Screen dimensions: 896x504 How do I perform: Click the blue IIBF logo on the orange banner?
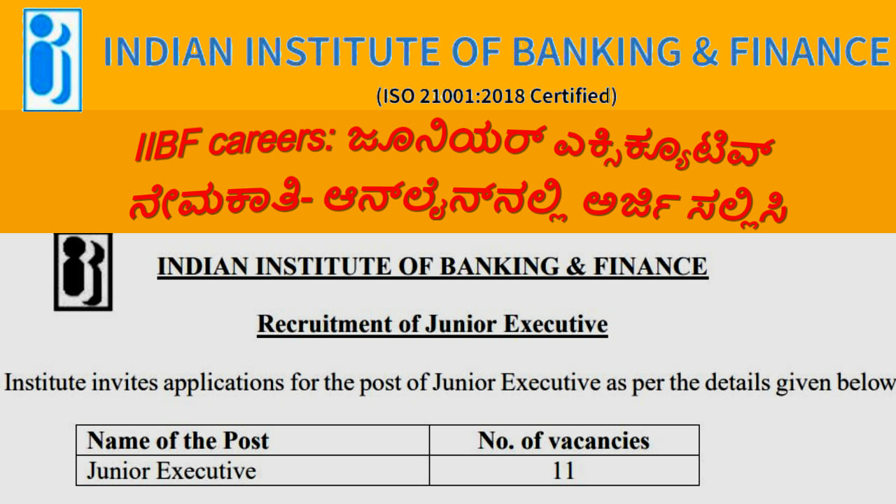coord(52,59)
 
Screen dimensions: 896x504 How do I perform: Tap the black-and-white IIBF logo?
coord(83,272)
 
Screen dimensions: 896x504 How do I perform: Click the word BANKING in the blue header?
coord(597,51)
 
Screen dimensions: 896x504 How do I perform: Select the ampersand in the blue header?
coord(705,51)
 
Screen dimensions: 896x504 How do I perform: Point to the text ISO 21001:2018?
coord(452,97)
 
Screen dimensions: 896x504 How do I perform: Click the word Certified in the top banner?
coord(570,96)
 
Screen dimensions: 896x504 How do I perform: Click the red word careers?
coord(271,142)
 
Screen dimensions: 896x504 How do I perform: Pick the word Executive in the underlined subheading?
coord(556,324)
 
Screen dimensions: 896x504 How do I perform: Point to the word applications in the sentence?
coord(224,383)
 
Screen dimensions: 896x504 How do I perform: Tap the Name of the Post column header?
coord(178,440)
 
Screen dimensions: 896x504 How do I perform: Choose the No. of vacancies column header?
coord(563,441)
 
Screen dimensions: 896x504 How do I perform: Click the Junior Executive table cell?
coord(171,470)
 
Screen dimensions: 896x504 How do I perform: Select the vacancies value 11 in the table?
coord(563,471)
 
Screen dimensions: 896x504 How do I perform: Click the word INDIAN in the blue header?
coord(169,51)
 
